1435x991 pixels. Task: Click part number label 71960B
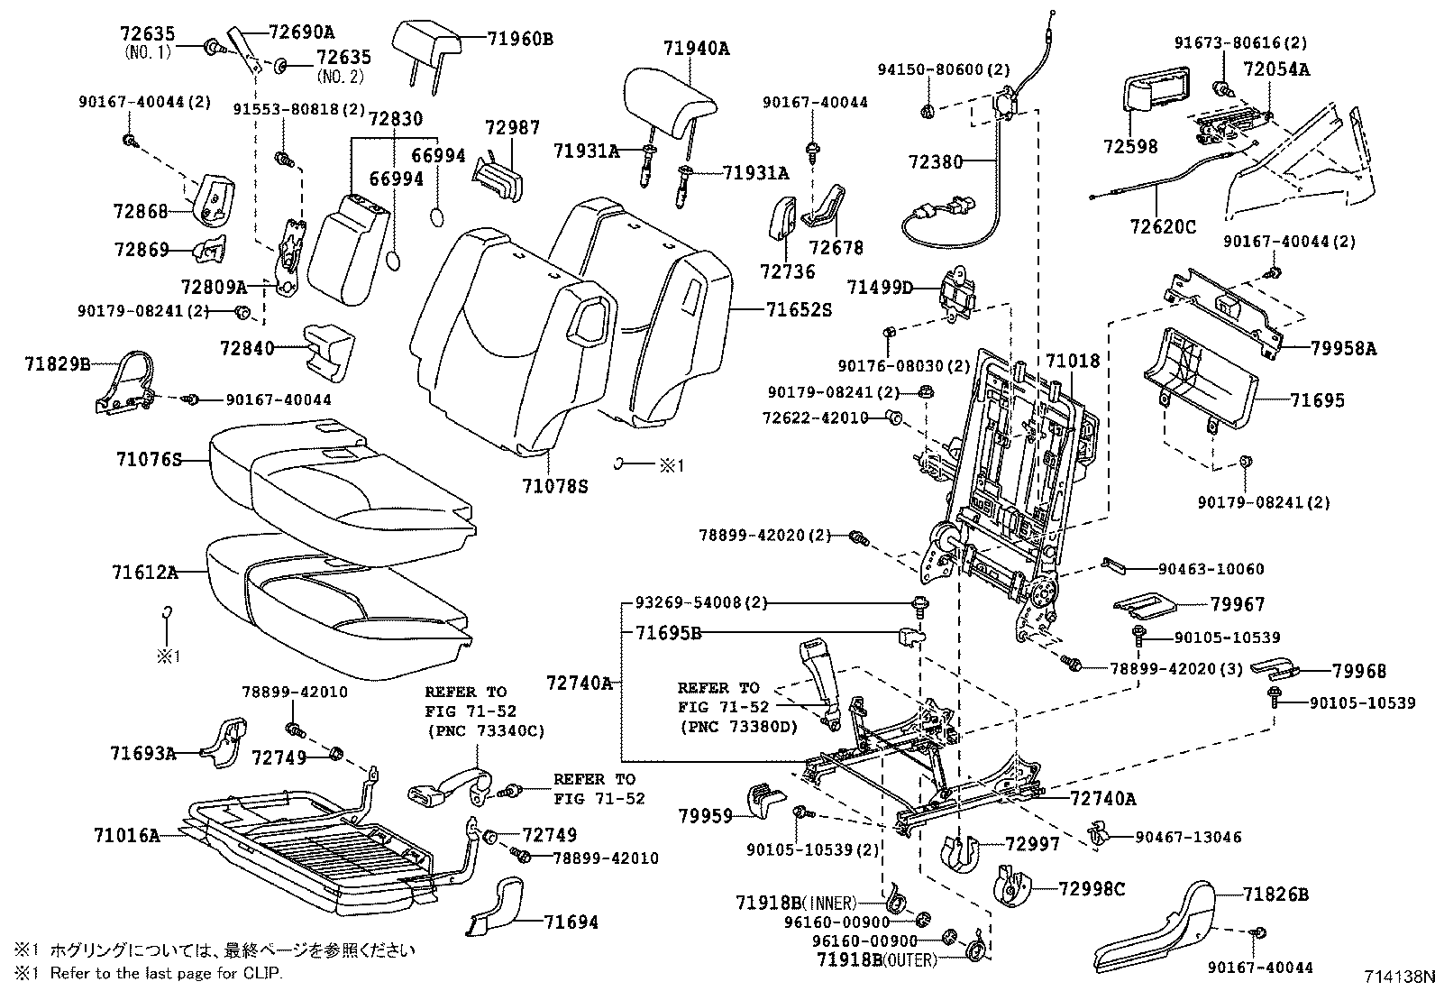click(x=520, y=39)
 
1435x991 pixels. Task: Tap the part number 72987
click(x=511, y=128)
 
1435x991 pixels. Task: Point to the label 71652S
click(x=799, y=310)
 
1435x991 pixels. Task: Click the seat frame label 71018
click(x=1073, y=362)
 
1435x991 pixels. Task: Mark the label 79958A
click(x=1344, y=347)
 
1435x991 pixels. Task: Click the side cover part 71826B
click(x=1275, y=895)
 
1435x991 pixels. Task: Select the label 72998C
click(x=1091, y=890)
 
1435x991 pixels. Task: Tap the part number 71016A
click(x=126, y=835)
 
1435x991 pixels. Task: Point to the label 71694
click(x=571, y=922)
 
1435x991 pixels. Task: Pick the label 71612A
click(x=145, y=572)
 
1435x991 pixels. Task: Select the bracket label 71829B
click(x=58, y=364)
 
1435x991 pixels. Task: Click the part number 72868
click(x=141, y=211)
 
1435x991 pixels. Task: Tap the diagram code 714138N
click(x=1396, y=977)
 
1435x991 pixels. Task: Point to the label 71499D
click(x=880, y=288)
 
